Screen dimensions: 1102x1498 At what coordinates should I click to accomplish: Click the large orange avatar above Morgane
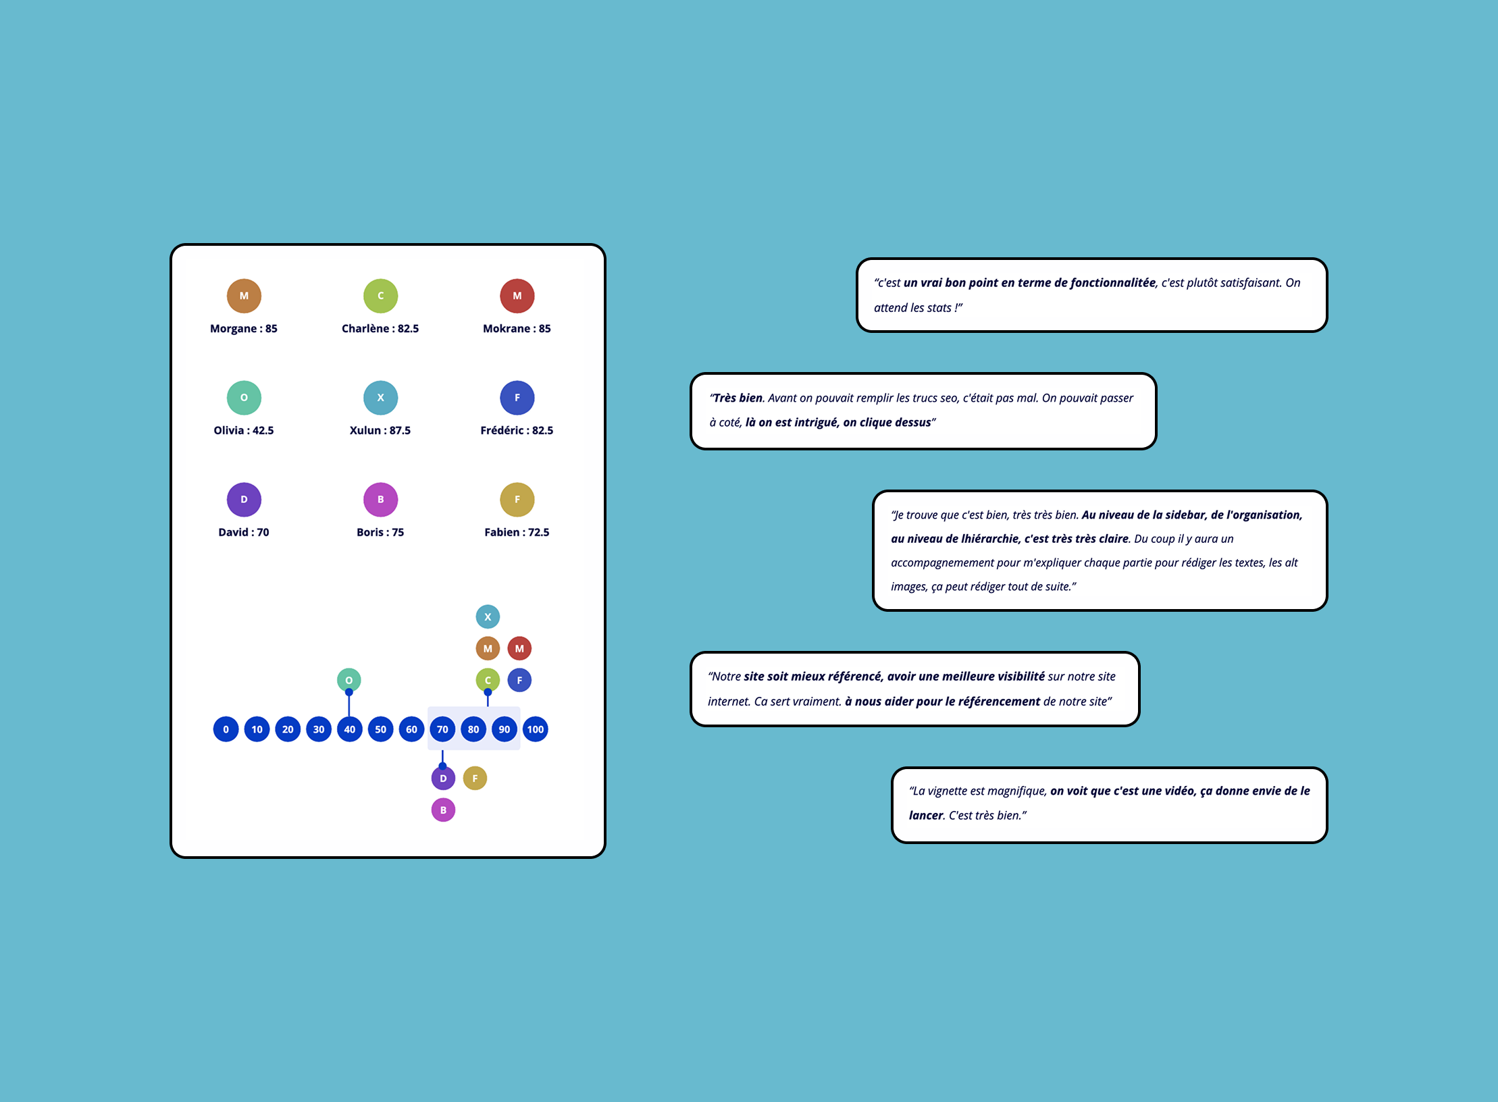point(244,296)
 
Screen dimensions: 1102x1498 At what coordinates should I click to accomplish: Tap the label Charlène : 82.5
point(380,329)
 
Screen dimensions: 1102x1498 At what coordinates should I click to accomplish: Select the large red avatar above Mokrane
point(517,296)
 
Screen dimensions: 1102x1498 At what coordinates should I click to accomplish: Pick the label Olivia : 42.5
point(243,431)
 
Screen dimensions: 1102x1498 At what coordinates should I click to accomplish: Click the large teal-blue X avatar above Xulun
point(380,398)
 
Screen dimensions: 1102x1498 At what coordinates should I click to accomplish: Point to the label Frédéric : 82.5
point(517,431)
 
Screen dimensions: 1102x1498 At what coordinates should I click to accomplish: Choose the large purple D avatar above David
point(244,500)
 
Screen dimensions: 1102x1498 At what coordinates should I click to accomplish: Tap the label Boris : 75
point(380,533)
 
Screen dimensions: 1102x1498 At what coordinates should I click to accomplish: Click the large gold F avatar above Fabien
point(517,500)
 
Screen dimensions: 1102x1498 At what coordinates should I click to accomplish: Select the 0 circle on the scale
point(226,729)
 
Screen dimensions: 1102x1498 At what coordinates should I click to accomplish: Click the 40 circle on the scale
point(349,729)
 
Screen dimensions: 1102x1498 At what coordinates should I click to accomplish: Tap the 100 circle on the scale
point(535,729)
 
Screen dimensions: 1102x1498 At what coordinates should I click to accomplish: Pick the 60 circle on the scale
point(411,729)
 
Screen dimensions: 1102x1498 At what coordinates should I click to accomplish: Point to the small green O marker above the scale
point(348,680)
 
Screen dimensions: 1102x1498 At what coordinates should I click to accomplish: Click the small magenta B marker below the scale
point(443,810)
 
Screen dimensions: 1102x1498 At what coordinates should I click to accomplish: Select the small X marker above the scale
point(488,616)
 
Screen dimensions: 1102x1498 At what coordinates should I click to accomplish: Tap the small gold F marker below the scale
point(475,779)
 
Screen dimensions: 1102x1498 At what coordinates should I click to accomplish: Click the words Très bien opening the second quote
point(738,398)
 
